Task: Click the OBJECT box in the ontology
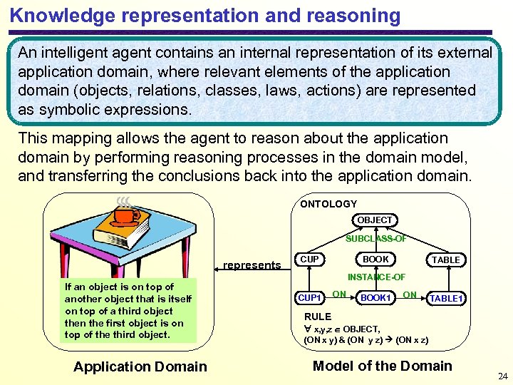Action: pos(375,220)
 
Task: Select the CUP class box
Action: pos(309,260)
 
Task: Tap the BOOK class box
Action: pos(375,260)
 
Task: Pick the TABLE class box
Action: pos(446,260)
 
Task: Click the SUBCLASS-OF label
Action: pos(376,239)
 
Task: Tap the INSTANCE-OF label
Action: pos(376,277)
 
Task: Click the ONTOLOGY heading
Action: pos(328,204)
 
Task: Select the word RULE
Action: pos(318,317)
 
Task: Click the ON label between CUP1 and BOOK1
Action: pos(340,294)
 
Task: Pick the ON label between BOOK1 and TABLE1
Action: pos(410,294)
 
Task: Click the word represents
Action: pos(252,265)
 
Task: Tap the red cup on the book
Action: pos(126,215)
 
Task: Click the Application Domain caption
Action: pos(140,366)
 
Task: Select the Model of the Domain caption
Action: pos(383,366)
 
